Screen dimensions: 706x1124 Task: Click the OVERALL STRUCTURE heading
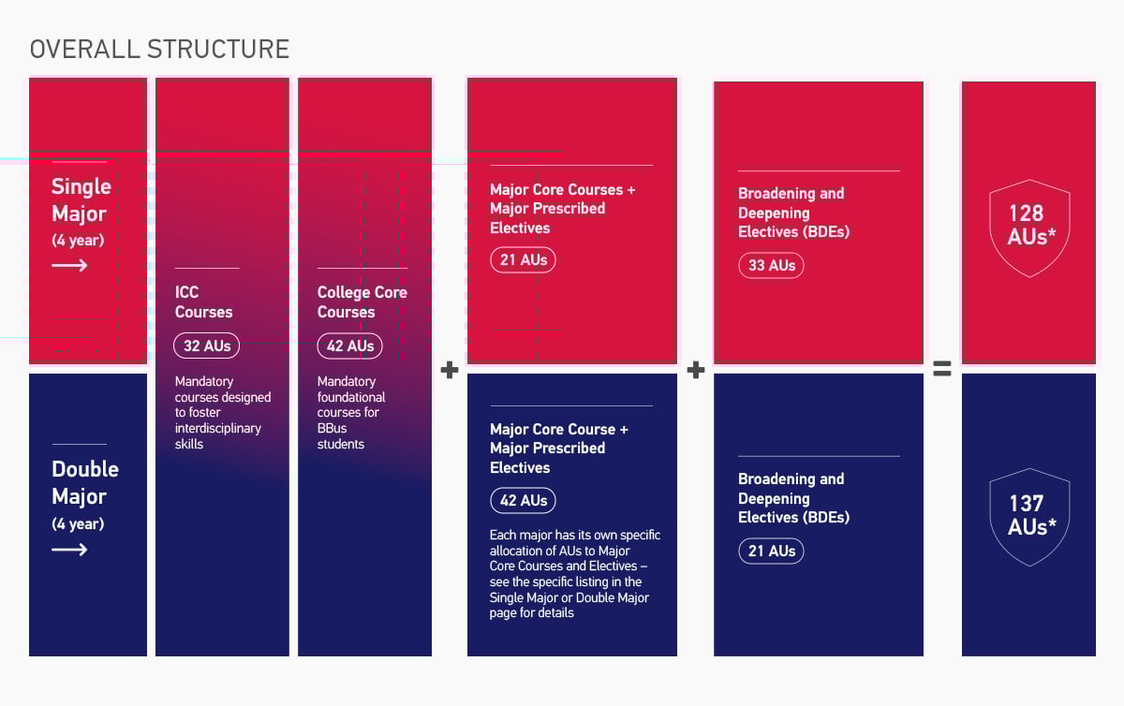pos(159,49)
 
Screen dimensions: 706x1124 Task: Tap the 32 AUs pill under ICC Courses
pos(207,346)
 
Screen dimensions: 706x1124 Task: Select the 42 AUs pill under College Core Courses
pos(349,346)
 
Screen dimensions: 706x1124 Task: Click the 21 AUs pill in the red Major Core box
pos(523,259)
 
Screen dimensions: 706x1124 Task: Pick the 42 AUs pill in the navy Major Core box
pos(523,500)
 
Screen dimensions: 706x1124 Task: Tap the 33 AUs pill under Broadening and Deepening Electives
pos(771,265)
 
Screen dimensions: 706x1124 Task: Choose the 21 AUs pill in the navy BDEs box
pos(771,551)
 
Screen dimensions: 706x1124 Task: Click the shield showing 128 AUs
pos(1029,228)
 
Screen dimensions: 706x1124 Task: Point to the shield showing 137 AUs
pos(1029,516)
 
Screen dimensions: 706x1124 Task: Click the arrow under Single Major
pos(69,266)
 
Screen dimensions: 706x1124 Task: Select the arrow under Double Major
pos(69,550)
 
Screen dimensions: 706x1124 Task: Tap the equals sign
pos(942,370)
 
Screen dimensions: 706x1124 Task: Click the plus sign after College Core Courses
pos(450,370)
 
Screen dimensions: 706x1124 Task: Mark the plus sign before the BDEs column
pos(695,370)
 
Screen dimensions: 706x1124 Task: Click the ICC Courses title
pos(203,302)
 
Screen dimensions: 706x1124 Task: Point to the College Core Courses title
pos(362,302)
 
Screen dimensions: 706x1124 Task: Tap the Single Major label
pos(81,200)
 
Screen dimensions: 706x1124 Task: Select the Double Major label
pos(85,483)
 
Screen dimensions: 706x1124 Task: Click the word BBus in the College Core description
pos(333,428)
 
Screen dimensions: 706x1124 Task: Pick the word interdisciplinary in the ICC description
pos(218,428)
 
